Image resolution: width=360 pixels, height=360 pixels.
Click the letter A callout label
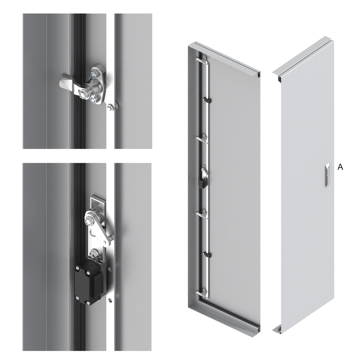(x=340, y=167)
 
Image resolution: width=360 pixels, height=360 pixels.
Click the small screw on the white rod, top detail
(x=111, y=107)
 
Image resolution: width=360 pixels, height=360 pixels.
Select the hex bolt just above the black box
(x=94, y=253)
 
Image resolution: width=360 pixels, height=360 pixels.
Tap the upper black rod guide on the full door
(x=207, y=101)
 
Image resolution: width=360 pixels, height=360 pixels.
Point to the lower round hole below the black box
(x=110, y=300)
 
